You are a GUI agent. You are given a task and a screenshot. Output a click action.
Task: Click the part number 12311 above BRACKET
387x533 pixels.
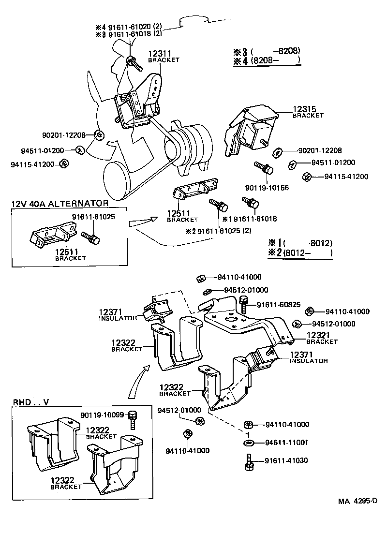click(160, 53)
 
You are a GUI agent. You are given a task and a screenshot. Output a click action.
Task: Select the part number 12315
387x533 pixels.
click(304, 109)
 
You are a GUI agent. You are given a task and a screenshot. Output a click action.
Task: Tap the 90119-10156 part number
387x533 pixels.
click(267, 188)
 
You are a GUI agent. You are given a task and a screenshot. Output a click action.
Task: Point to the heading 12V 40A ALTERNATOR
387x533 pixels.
click(60, 203)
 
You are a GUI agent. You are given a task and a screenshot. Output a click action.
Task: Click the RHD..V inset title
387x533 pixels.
click(31, 402)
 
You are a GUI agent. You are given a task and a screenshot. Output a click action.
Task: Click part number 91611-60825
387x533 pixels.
click(279, 304)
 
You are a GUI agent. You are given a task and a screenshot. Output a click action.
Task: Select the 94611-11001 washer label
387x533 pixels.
click(286, 442)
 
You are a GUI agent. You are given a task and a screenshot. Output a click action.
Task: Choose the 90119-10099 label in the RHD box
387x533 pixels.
click(103, 415)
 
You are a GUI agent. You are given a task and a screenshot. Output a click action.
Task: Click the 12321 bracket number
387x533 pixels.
click(318, 335)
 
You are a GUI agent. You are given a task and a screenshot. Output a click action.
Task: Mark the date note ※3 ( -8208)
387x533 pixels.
click(267, 51)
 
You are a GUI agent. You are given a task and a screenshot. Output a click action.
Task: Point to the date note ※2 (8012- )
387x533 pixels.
click(300, 252)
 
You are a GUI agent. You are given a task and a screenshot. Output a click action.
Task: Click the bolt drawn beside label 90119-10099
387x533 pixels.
click(133, 420)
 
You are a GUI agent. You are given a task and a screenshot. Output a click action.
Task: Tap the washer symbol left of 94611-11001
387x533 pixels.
click(249, 443)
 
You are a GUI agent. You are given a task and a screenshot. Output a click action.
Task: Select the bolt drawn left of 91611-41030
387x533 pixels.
click(249, 462)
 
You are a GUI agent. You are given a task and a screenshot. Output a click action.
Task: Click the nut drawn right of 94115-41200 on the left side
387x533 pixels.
click(63, 164)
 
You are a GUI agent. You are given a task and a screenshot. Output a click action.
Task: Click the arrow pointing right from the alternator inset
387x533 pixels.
click(143, 222)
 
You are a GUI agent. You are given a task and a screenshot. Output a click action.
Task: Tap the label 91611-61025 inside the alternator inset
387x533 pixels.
click(93, 217)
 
